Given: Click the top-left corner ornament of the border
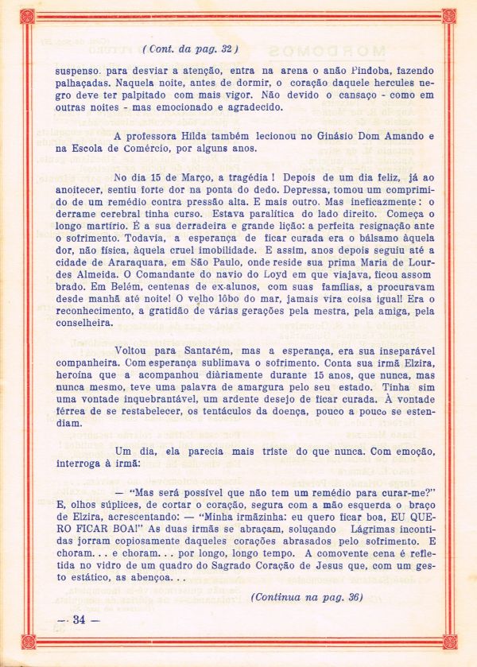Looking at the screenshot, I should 27,15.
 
